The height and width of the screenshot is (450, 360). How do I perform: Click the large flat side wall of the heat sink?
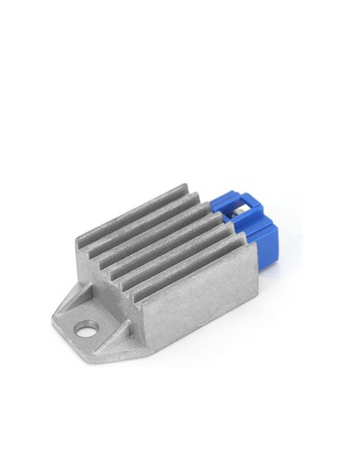(196, 304)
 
